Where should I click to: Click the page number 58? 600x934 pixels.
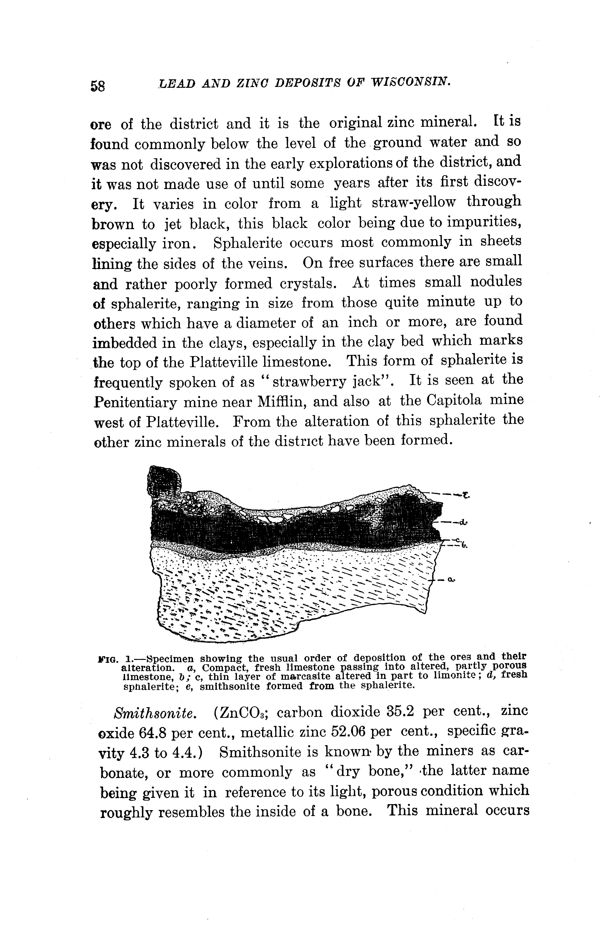pyautogui.click(x=98, y=85)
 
